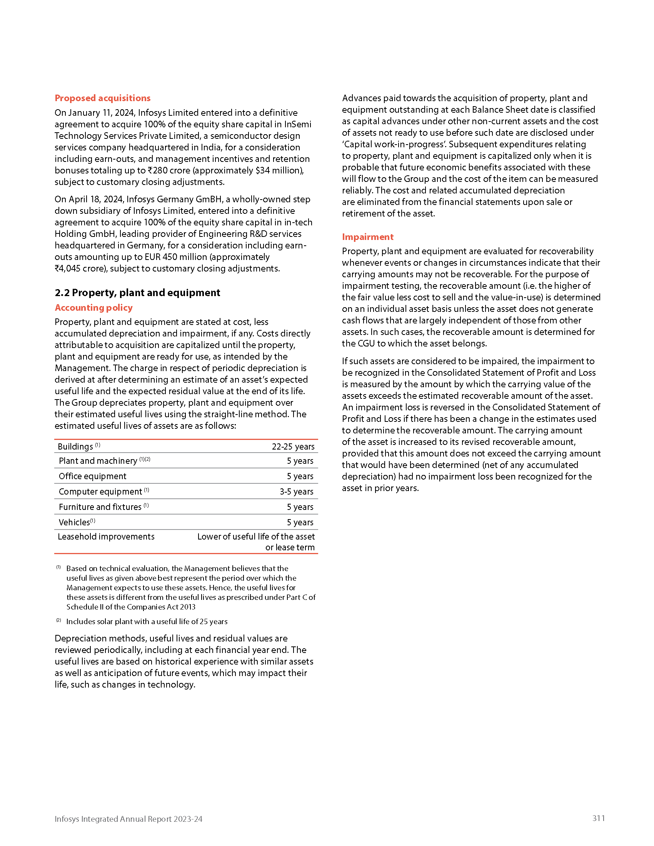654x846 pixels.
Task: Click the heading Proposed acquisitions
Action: pos(102,98)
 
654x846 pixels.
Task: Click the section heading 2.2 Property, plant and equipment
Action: pos(137,293)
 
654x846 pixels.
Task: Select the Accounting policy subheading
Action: pos(93,308)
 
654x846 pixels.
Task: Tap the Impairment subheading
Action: pos(367,236)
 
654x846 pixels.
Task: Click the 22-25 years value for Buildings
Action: pos(293,446)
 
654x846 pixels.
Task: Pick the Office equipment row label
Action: pos(92,476)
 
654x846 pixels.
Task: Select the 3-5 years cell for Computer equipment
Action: pos(296,491)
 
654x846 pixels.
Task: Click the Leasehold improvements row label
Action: pos(106,536)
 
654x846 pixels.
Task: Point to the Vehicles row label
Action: pos(74,522)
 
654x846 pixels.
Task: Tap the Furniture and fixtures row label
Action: pos(100,507)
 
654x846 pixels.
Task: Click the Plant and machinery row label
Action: pos(98,461)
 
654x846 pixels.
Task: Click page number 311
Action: pos(598,818)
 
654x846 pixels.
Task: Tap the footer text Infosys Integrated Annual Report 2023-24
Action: pos(128,819)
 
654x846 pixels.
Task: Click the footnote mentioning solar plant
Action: pos(147,621)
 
